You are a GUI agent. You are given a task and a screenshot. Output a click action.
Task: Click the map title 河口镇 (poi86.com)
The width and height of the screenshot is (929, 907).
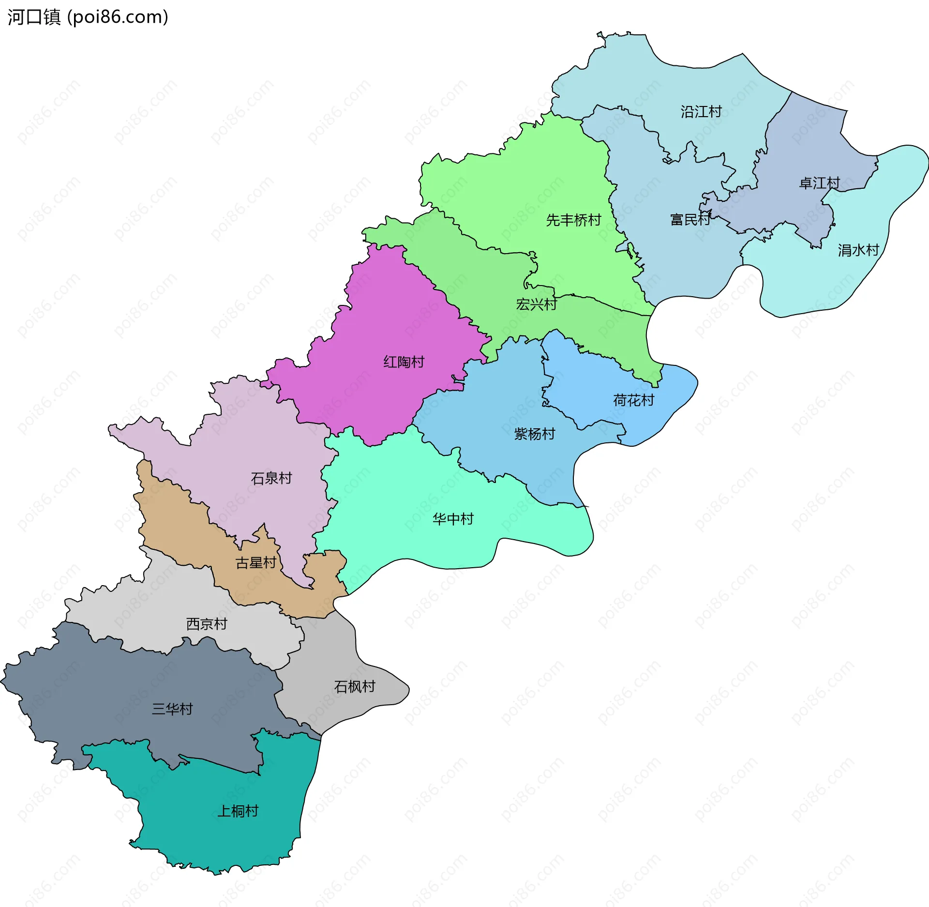(88, 17)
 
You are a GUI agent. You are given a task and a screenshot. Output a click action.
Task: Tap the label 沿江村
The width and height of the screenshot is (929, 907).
(701, 112)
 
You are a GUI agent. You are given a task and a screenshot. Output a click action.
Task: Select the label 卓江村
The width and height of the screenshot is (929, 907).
(819, 183)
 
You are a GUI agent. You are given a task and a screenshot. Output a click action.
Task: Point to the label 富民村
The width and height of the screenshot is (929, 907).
(690, 220)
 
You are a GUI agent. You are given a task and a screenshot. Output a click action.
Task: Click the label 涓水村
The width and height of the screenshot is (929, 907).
(858, 250)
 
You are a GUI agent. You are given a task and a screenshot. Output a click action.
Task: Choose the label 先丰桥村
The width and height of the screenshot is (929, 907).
(573, 220)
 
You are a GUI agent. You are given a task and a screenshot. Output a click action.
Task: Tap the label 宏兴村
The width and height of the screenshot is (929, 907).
(536, 304)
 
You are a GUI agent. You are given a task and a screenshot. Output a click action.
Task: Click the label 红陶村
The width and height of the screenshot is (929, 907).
(404, 362)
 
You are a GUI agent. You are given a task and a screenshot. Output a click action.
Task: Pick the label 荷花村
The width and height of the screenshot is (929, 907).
(633, 400)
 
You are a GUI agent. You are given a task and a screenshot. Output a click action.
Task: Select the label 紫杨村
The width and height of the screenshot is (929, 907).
(534, 434)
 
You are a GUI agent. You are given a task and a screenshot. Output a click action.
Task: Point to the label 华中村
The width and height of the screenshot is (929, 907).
(453, 519)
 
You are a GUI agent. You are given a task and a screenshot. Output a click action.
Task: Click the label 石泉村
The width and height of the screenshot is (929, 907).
(271, 479)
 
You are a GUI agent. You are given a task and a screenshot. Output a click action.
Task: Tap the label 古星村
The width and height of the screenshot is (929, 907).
(255, 563)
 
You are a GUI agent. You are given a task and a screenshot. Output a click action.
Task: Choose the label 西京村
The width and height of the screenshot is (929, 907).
(207, 624)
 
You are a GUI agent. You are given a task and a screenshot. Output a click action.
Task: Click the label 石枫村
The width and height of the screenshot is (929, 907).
(354, 687)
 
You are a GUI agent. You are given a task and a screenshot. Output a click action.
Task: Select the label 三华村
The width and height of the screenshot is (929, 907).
(172, 709)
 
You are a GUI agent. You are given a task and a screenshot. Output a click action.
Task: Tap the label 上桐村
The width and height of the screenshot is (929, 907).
(238, 811)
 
